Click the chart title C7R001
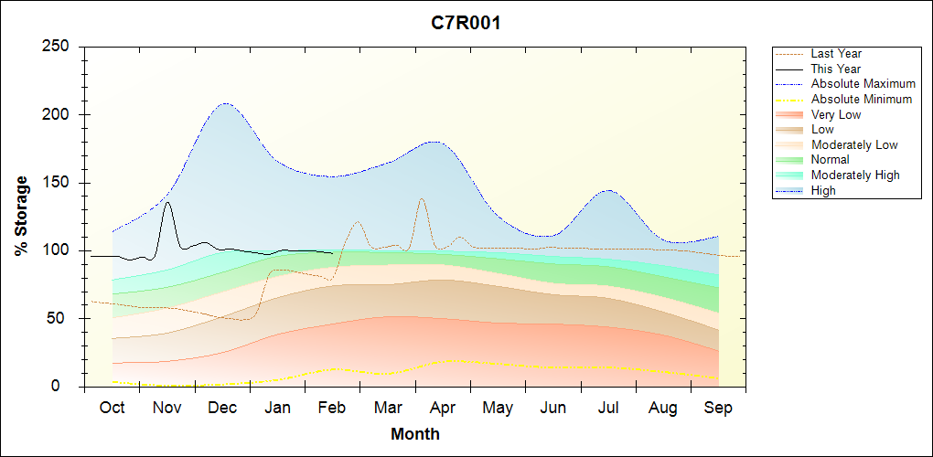coord(466,23)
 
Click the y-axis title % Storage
coord(21,216)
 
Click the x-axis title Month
coord(415,434)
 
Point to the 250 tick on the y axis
coord(59,47)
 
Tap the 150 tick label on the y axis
coord(59,183)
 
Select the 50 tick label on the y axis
coord(64,319)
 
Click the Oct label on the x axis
coord(112,408)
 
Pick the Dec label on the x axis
coord(222,408)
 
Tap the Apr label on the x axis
coord(443,408)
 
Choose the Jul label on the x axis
coord(608,408)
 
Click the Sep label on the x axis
coord(718,408)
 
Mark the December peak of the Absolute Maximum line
coord(224,103)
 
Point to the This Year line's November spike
coord(167,203)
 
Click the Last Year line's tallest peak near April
coord(421,198)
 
